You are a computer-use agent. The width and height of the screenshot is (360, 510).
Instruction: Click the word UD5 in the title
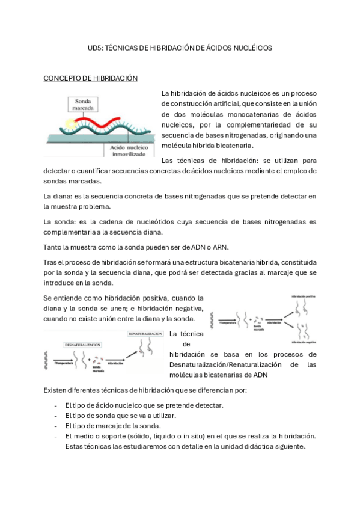click(95, 48)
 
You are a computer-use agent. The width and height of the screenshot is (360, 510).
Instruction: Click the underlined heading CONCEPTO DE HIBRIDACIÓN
click(91, 78)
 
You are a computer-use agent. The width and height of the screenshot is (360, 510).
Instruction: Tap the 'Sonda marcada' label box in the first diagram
click(82, 106)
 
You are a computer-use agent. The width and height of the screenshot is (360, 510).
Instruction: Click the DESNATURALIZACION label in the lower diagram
click(81, 345)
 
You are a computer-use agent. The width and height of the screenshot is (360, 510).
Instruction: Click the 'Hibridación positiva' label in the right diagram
click(304, 296)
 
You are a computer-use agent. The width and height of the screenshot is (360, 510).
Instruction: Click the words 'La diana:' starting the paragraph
click(58, 197)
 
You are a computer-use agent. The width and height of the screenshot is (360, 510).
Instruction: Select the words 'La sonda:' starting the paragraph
click(59, 222)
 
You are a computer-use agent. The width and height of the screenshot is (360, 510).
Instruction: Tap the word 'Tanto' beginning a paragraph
click(53, 247)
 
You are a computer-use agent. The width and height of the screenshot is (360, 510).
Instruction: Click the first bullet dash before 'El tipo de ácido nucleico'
click(55, 405)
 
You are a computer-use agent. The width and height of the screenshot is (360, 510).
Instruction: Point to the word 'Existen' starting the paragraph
click(56, 390)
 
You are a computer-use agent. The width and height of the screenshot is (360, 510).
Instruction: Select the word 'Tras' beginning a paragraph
click(52, 262)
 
